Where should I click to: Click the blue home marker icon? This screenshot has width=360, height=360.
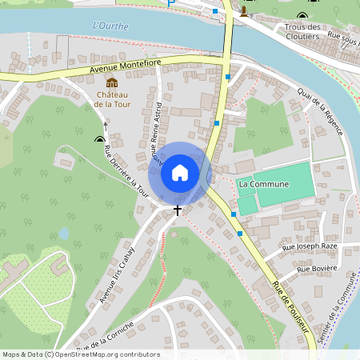(180, 173)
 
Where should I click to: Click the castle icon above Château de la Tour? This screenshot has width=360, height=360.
(112, 82)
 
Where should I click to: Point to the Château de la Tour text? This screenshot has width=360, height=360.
(111, 98)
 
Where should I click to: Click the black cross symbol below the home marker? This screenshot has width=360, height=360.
(178, 209)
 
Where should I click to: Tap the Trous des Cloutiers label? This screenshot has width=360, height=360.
(302, 31)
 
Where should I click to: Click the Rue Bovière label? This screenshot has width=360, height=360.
(315, 270)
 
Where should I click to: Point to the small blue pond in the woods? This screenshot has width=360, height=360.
(63, 234)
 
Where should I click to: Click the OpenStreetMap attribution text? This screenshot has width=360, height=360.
(81, 354)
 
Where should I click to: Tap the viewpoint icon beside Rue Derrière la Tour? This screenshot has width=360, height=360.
(100, 138)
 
